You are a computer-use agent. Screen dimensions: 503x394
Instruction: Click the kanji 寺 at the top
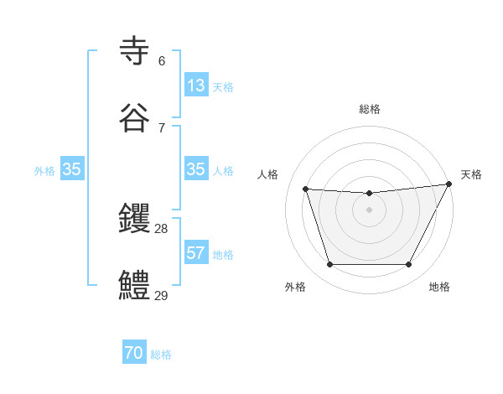coord(135,51)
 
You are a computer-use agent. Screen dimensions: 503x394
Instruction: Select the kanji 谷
coord(135,118)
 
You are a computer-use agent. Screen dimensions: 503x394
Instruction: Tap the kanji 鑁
coord(135,219)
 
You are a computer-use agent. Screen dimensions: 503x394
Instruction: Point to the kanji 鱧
coord(135,286)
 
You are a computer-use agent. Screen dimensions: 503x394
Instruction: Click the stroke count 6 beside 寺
coord(162,60)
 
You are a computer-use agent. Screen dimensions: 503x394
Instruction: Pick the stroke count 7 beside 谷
coord(162,127)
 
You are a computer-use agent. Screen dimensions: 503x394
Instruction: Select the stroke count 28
coord(162,228)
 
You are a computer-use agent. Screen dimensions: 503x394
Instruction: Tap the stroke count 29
coord(162,295)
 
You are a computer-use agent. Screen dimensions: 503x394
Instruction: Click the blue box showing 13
coord(196,86)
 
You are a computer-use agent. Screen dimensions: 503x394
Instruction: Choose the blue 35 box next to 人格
coord(196,169)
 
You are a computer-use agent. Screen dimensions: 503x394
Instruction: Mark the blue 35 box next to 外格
coord(72,169)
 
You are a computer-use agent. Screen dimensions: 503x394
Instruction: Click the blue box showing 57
coord(196,253)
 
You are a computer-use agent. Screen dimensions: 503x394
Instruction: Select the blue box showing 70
coord(134,354)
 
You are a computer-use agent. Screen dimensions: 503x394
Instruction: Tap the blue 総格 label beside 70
coord(161,355)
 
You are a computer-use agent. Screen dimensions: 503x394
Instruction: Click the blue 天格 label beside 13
coord(223,86)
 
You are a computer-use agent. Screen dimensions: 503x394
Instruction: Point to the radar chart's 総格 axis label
coord(370,109)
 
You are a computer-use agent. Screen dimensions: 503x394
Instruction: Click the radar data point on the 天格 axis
coord(449,184)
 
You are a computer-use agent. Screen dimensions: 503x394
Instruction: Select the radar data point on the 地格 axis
coord(409,265)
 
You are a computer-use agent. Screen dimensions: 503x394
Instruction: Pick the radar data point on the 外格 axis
coord(329,265)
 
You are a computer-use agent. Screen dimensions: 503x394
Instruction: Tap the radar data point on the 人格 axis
coord(306,189)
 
